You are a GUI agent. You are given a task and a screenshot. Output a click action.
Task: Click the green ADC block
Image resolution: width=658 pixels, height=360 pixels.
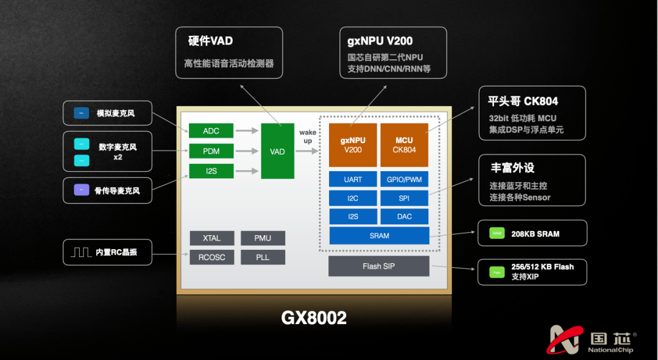pos(211,131)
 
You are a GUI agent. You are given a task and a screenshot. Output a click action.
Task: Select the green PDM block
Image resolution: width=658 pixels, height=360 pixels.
pos(211,151)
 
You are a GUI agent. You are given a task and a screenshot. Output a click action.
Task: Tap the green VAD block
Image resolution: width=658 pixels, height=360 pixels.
pos(277,151)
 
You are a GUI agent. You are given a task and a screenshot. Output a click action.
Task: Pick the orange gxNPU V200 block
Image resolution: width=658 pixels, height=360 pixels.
pos(353,145)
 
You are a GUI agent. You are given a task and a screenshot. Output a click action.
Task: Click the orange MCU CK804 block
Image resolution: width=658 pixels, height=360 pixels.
pos(404,145)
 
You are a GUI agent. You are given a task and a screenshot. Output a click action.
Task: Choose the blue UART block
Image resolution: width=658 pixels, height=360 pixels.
pos(353,180)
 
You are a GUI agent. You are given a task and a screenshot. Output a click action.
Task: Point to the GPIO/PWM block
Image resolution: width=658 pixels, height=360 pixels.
pos(404,180)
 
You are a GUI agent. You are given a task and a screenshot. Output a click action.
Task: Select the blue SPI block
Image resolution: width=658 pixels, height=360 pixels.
pos(404,199)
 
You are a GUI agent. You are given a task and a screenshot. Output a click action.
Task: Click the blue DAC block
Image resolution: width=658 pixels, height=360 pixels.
pos(404,217)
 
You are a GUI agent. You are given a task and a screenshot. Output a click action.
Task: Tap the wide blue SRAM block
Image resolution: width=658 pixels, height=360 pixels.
pos(379,236)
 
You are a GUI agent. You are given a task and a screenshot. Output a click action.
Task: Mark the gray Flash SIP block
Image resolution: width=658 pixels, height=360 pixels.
pos(379,266)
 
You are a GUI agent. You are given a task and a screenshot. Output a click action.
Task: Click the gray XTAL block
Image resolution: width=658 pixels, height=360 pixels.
pos(211,238)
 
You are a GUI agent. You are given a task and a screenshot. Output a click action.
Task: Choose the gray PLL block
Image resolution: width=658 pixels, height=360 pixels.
pos(263,258)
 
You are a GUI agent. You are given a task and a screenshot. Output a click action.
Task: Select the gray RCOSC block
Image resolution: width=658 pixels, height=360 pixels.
pos(211,258)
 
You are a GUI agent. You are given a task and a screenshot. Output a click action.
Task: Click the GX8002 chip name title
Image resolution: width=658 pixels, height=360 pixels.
pos(314,317)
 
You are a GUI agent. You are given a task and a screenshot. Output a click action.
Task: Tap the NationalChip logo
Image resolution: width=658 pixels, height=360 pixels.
pos(592,339)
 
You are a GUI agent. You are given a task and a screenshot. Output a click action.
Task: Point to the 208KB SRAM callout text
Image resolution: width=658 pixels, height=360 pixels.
pos(535,234)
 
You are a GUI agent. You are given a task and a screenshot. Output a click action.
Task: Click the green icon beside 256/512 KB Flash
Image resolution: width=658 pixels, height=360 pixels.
pos(497,272)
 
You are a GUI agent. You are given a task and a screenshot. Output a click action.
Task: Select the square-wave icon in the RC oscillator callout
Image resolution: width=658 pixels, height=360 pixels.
pos(81,252)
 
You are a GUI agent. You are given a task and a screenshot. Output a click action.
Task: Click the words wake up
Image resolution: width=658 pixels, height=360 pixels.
pos(308,136)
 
